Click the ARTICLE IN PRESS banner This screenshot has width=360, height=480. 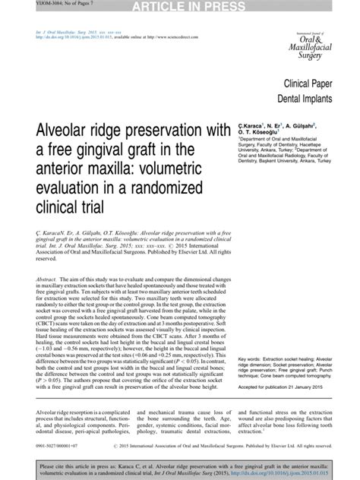pos(180,7)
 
